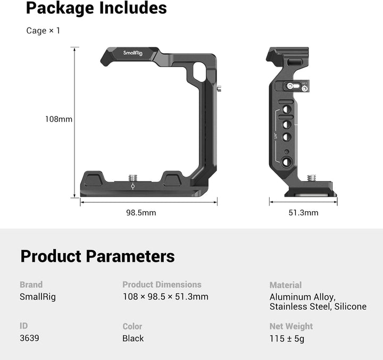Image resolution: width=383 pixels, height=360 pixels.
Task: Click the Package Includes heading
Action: point(96,9)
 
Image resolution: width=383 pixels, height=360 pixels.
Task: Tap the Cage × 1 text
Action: point(43,31)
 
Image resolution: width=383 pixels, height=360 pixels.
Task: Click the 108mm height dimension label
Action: point(59,119)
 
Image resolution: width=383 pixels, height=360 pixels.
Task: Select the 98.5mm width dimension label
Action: point(141,213)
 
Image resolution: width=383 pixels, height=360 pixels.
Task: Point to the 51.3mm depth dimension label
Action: point(303,213)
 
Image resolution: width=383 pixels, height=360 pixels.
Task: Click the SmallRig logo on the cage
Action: point(133,53)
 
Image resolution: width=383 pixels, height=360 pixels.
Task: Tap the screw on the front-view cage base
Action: point(132,177)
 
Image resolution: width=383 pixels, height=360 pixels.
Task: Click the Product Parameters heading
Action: point(97,256)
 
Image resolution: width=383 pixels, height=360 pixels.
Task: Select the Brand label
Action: point(31,284)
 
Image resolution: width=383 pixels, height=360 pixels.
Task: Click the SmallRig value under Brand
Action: point(37,297)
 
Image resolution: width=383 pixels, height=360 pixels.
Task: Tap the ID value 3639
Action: point(29,338)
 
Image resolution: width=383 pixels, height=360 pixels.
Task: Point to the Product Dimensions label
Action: point(162,284)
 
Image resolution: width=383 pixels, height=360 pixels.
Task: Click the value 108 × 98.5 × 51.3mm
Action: point(165,297)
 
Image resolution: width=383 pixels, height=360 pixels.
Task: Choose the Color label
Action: point(132,326)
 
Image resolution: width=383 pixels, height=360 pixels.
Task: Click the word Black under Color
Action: point(133,338)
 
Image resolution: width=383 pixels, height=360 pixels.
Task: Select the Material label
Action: point(285,285)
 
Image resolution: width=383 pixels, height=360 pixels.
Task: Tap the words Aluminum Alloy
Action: point(302,297)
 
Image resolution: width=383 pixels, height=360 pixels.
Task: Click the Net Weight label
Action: point(291,326)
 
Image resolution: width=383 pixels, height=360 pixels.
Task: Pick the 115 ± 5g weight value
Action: point(287,338)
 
